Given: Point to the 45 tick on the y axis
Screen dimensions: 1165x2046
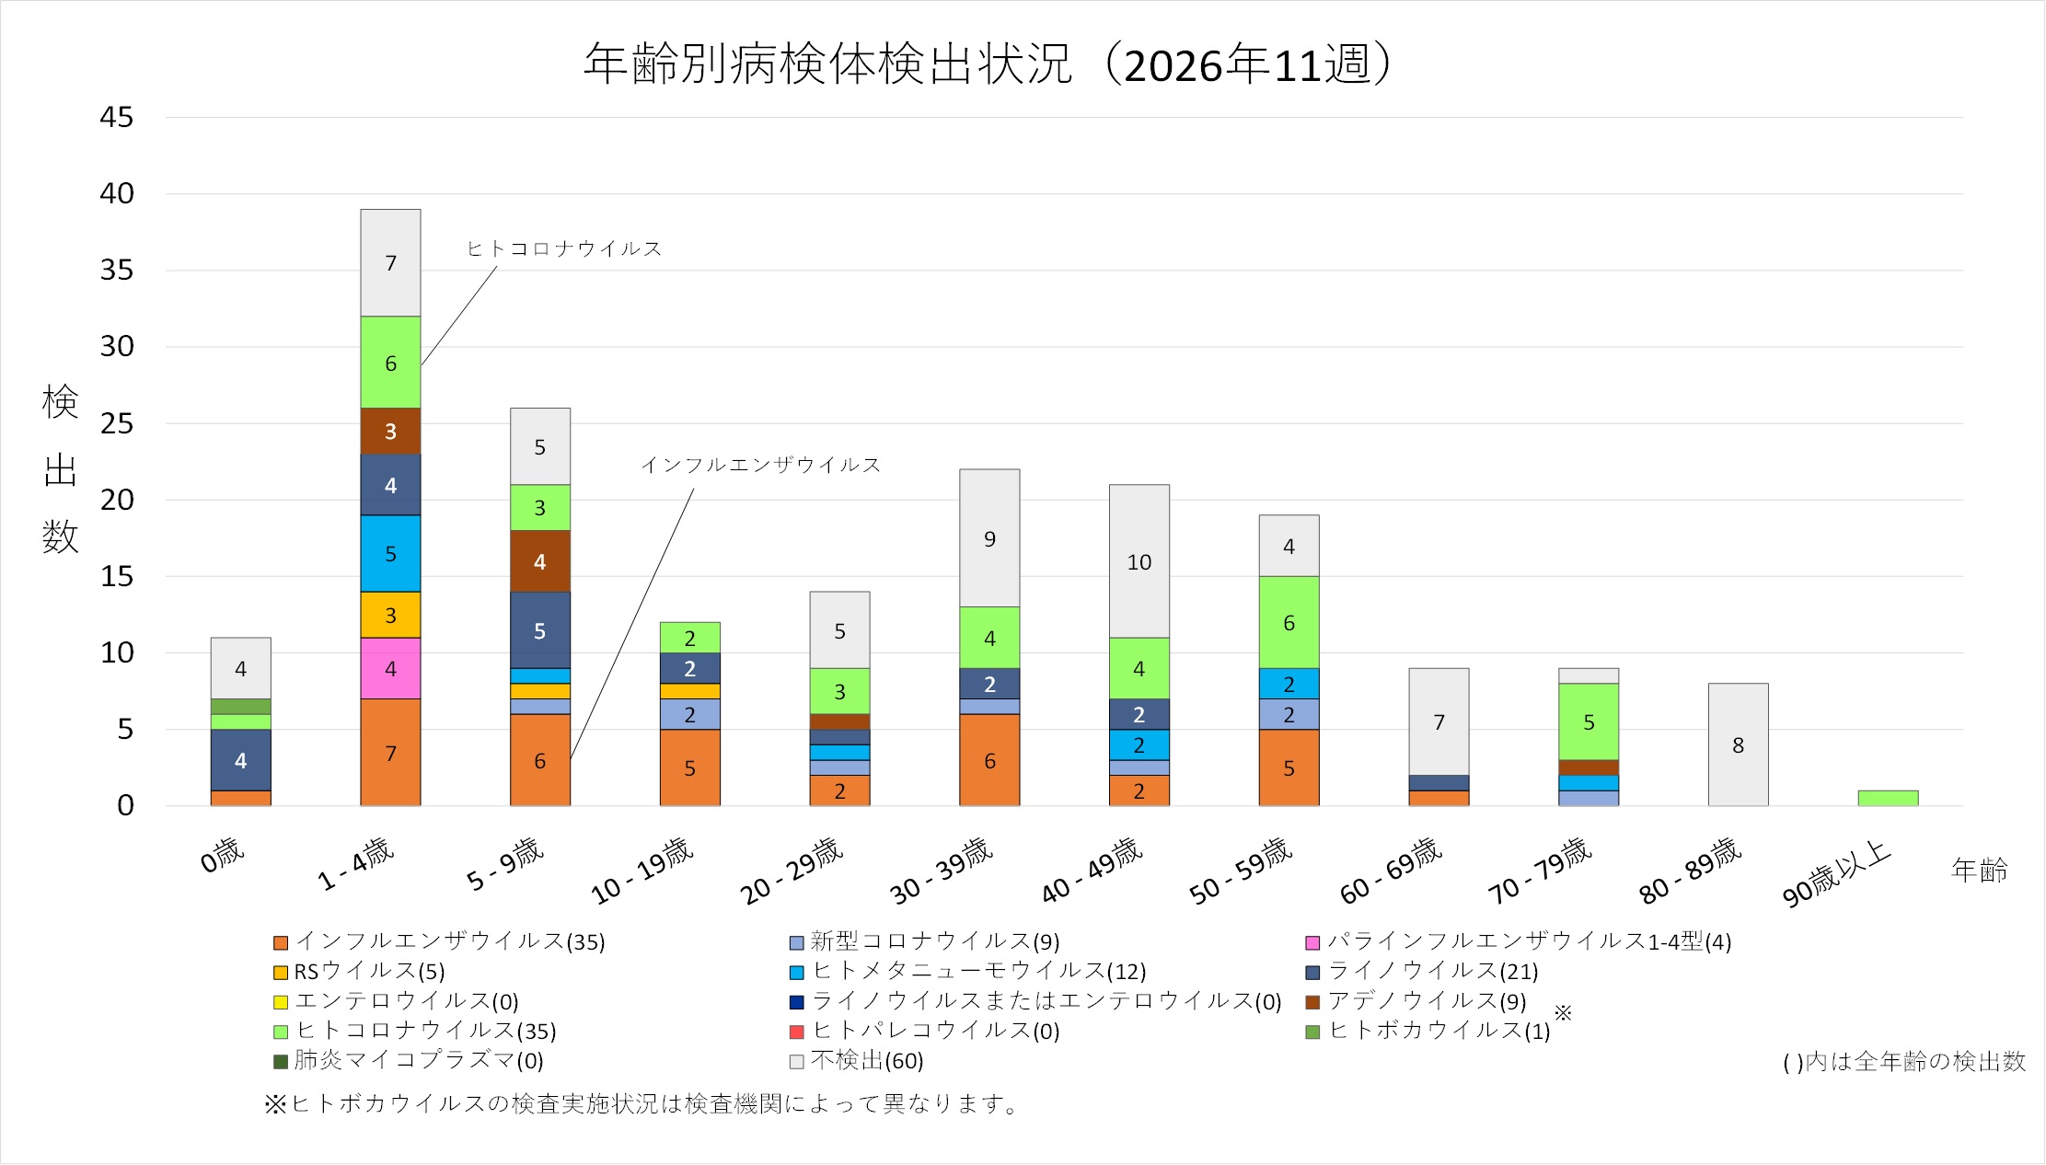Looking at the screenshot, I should point(117,118).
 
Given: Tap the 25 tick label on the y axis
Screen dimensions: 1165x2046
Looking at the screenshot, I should point(117,424).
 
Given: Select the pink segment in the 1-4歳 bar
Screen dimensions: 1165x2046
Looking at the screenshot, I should point(390,669).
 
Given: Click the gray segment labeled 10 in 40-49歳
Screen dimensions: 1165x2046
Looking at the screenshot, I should point(1139,561).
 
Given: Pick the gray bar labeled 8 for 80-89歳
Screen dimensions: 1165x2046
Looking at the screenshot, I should point(1738,744).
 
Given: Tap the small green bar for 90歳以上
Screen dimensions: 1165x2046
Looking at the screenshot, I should point(1888,798).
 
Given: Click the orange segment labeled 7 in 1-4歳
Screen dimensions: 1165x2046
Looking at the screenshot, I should point(390,753).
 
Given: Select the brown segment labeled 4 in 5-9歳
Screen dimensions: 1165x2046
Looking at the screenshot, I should point(540,561).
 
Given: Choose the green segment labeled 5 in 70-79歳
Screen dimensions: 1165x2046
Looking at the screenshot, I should point(1589,722).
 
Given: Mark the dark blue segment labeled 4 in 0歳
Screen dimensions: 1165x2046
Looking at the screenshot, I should point(240,760).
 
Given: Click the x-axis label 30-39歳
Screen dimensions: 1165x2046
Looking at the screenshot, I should point(942,870).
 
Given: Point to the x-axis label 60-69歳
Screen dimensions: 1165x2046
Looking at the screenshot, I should point(1391,870).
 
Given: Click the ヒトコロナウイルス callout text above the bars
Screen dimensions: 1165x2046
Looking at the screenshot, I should point(564,248).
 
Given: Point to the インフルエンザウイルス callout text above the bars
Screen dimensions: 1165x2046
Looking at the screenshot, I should point(760,465).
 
